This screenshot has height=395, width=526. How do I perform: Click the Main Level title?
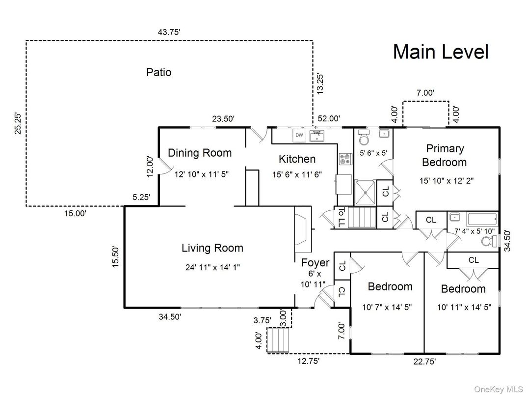(x=440, y=52)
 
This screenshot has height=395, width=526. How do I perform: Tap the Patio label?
(x=159, y=72)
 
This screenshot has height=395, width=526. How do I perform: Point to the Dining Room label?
(x=199, y=153)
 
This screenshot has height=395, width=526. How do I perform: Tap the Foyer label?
(x=315, y=262)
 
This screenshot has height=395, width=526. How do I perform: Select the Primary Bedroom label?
(x=445, y=155)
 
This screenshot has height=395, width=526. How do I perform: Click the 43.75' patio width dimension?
(x=169, y=32)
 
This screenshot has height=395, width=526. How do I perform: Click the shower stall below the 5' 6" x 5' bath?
(x=365, y=191)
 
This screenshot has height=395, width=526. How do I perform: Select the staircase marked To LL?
(x=361, y=218)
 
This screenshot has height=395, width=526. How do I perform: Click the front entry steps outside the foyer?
(x=278, y=340)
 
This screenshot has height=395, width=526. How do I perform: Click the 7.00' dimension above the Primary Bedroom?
(x=425, y=92)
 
